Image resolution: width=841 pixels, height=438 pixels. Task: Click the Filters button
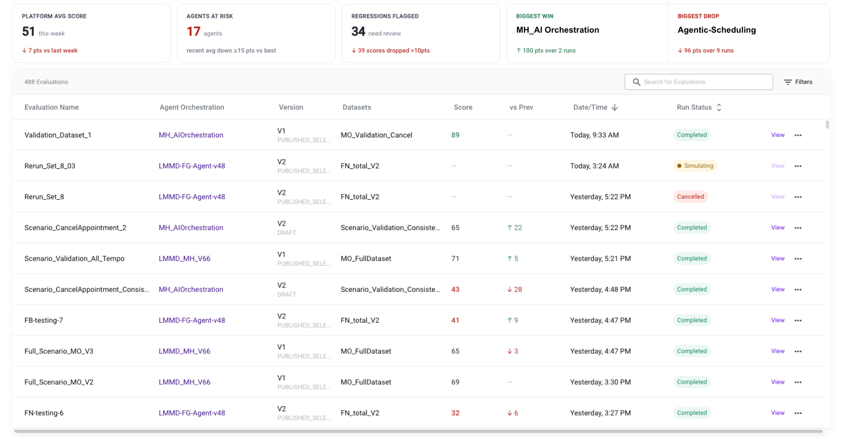[798, 82]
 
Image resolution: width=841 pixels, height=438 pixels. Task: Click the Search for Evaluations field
[698, 82]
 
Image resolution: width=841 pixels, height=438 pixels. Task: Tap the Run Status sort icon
[719, 107]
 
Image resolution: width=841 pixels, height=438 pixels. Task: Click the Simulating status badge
[695, 166]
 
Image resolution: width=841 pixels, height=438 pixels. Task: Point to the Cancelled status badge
[690, 197]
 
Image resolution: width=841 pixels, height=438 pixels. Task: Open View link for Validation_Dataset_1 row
[777, 135]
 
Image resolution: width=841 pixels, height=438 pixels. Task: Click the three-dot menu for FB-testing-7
[798, 320]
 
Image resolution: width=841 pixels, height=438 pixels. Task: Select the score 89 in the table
[455, 135]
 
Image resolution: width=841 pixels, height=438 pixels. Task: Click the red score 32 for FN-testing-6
[455, 413]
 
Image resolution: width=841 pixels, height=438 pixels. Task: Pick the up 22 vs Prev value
[514, 228]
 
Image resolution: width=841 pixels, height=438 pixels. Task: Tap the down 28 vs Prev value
[514, 289]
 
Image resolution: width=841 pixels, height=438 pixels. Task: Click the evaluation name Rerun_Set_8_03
[50, 166]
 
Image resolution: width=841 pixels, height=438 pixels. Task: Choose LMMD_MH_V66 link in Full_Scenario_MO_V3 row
[184, 351]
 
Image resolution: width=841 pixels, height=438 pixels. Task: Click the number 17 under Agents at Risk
[193, 31]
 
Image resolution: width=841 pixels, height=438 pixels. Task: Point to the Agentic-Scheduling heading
[717, 30]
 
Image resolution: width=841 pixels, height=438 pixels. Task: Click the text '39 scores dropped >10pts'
[394, 51]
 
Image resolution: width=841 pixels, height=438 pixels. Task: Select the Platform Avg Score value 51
[28, 31]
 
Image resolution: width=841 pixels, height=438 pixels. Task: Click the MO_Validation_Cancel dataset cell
[376, 135]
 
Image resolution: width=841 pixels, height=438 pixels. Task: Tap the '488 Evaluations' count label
[46, 82]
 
